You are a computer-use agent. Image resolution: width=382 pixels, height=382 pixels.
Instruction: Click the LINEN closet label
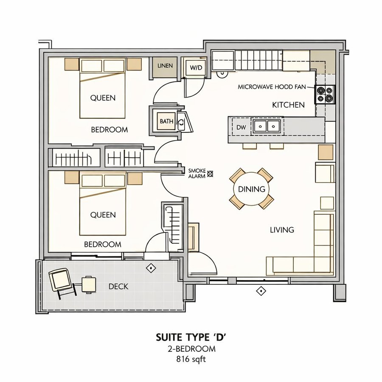click(x=165, y=65)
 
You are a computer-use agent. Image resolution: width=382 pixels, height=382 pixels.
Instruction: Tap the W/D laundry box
click(x=196, y=67)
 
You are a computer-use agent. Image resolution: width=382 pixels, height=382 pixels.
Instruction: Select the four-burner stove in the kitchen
click(x=325, y=95)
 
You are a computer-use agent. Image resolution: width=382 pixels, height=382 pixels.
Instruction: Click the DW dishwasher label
click(x=241, y=127)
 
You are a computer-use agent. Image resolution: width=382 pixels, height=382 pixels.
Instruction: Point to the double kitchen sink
click(x=267, y=126)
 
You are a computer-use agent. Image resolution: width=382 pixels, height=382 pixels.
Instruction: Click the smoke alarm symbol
click(x=210, y=174)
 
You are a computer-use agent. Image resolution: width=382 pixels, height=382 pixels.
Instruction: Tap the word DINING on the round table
click(x=251, y=189)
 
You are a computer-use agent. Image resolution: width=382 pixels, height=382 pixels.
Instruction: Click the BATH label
click(x=167, y=121)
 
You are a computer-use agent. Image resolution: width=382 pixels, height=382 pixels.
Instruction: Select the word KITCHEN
click(x=288, y=105)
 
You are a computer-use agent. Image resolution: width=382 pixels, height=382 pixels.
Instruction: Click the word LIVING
click(x=282, y=230)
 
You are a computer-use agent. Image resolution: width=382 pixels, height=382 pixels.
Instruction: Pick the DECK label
click(x=118, y=286)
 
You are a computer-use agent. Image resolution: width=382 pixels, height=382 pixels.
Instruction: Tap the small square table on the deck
click(x=89, y=284)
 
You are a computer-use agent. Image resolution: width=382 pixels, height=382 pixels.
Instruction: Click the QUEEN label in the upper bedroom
click(x=103, y=98)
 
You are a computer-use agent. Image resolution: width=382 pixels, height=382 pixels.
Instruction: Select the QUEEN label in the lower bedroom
click(x=103, y=215)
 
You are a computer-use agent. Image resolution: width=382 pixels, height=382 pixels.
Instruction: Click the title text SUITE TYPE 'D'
click(x=191, y=337)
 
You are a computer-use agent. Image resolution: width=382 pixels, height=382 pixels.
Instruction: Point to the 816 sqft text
click(x=191, y=360)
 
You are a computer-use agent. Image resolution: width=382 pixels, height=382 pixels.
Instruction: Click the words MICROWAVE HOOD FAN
click(x=272, y=87)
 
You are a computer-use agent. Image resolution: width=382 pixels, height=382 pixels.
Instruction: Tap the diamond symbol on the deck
click(x=151, y=268)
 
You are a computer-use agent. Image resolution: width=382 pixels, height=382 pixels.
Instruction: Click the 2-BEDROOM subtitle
click(x=191, y=349)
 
